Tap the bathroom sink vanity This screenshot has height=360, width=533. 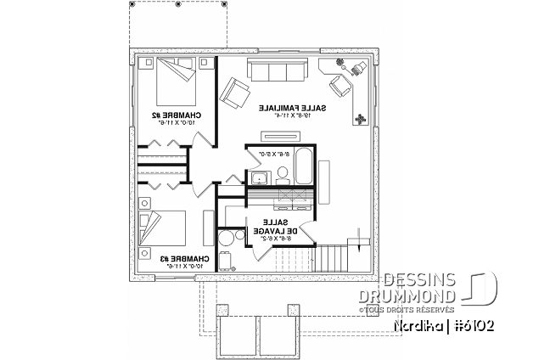pyautogui.click(x=259, y=177)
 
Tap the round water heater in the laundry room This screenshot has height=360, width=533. pyautogui.click(x=227, y=238)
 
